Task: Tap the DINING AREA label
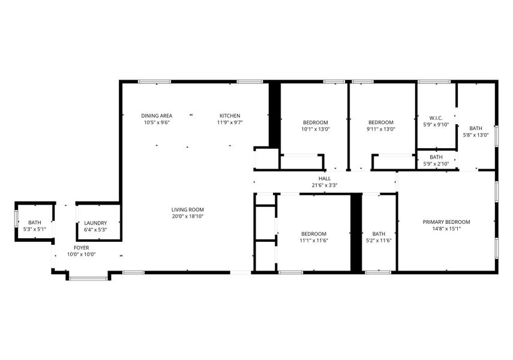tap(157, 116)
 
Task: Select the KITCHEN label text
tap(230, 116)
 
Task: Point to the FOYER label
tap(81, 247)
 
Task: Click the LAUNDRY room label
tap(95, 223)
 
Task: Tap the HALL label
tap(325, 178)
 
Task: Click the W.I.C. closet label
tap(436, 118)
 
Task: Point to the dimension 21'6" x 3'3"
tap(325, 185)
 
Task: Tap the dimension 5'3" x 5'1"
tap(35, 229)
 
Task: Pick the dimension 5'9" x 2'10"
tap(436, 163)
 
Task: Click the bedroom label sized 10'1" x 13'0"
tap(315, 122)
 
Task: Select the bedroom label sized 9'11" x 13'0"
tap(380, 122)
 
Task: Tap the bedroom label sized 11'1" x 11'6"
tap(314, 234)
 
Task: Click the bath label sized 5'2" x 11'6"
tap(379, 234)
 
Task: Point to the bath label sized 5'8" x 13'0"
tap(476, 128)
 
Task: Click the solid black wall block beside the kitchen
tap(274, 114)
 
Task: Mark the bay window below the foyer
tap(88, 277)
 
